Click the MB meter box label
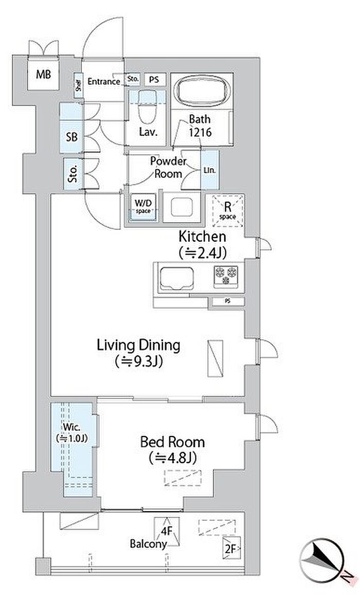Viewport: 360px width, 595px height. (43, 74)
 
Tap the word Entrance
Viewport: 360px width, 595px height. (104, 82)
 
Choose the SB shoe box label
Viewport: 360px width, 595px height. (71, 137)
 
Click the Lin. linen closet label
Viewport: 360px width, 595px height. (209, 170)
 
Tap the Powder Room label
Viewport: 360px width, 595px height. (168, 167)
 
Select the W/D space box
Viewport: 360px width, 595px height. (143, 207)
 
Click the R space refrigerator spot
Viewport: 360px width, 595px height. (228, 211)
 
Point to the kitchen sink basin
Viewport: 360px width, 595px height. (177, 279)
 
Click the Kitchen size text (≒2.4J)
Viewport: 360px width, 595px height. (203, 253)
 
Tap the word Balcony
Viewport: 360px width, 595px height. (148, 544)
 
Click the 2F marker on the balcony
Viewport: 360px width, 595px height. (230, 549)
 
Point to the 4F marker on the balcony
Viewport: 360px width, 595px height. (167, 531)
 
